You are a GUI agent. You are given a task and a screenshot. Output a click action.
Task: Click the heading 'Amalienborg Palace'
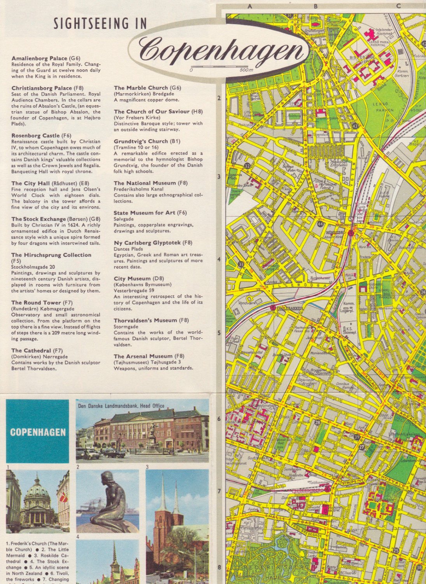(x=40, y=58)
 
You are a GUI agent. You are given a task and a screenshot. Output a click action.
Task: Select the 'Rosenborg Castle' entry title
(x=35, y=135)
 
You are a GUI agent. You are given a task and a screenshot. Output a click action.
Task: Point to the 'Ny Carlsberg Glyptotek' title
(x=147, y=243)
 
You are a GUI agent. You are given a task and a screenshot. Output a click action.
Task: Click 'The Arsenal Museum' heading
(x=143, y=356)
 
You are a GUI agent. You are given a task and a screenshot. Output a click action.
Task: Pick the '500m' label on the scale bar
(x=246, y=70)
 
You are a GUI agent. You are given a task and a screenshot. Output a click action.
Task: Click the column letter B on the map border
(x=316, y=6)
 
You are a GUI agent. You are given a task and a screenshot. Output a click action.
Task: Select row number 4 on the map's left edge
(x=219, y=259)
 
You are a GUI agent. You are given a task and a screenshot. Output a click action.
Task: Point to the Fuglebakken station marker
(x=272, y=308)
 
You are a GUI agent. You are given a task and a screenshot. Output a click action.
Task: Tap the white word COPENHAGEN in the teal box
(x=38, y=432)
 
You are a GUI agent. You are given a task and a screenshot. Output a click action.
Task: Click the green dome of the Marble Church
(x=37, y=491)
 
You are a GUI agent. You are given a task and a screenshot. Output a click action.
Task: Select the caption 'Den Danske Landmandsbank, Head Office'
(x=121, y=406)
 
